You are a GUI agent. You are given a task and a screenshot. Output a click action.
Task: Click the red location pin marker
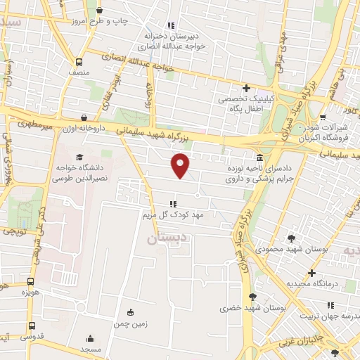[181, 165]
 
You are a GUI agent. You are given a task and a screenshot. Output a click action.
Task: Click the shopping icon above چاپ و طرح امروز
[99, 10]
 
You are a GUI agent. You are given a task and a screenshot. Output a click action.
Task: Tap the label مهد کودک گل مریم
[173, 214]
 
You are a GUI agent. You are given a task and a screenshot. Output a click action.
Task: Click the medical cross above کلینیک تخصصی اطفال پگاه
[246, 88]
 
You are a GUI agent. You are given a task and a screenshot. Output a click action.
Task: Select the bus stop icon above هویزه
[30, 280]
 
